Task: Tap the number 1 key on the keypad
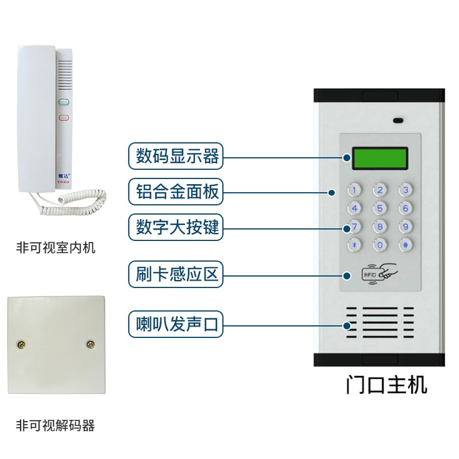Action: coord(355,190)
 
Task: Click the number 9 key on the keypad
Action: coord(406,226)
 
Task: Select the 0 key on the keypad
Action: coord(380,244)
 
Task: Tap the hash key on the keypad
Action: coord(406,244)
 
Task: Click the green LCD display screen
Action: coord(380,158)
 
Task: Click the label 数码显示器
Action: coord(177,156)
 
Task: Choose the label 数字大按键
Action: coord(177,228)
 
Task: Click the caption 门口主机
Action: coord(386,385)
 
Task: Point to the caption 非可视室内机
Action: coord(56,248)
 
